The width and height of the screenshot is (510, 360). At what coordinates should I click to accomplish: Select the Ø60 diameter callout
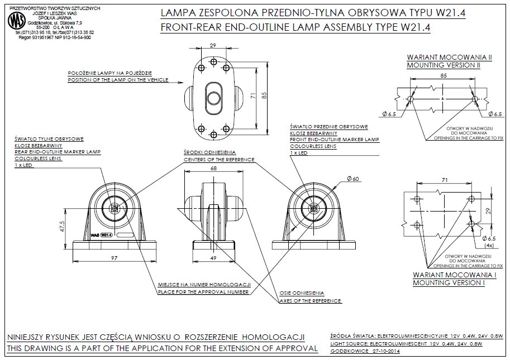pos(352,179)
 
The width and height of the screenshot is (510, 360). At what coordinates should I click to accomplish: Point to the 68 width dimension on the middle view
pos(213,169)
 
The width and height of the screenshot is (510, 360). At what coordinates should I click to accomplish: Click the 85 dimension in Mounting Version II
pos(442,75)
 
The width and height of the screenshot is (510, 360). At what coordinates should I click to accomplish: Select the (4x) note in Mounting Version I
pos(489,244)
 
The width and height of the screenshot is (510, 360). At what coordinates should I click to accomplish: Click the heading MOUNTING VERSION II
pos(444,65)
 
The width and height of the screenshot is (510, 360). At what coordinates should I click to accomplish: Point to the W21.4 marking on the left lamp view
pos(106,235)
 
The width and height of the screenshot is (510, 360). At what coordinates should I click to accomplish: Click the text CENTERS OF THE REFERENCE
pos(219,160)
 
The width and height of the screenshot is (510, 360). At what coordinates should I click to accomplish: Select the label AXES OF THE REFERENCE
pos(310,301)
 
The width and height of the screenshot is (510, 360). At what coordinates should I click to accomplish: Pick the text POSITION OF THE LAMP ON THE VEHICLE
pos(118,80)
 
